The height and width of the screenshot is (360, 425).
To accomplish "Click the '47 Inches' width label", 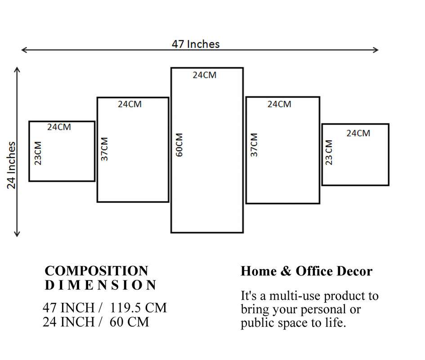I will (196, 44).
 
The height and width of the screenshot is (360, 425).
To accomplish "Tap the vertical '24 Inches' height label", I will (11, 165).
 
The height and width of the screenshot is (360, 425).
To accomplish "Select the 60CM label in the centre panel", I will (179, 145).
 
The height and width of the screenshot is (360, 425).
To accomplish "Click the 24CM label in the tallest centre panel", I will (205, 75).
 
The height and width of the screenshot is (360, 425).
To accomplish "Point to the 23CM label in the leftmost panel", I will (38, 153).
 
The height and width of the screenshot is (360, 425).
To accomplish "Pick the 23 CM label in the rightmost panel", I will (329, 153).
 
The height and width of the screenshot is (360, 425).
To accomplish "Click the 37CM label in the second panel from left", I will (104, 149).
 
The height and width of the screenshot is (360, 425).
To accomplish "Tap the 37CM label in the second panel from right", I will (254, 145).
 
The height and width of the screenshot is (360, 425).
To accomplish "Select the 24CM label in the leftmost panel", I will (59, 127).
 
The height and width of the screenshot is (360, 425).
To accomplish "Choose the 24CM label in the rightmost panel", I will (358, 133).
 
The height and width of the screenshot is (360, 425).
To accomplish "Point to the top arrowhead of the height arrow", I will (17, 69).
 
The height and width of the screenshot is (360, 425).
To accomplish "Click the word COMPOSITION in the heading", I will (96, 271).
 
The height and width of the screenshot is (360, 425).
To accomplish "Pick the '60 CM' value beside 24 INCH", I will (129, 322).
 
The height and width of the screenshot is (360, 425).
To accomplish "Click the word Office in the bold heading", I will (315, 271).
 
